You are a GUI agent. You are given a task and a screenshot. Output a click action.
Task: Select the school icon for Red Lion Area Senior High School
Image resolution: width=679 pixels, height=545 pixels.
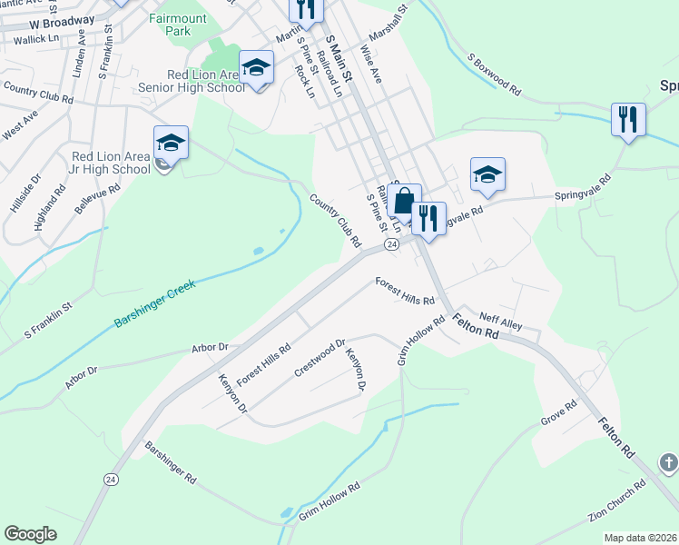coord(257,67)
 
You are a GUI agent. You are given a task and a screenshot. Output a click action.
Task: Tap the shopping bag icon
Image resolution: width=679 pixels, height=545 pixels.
coord(404,200)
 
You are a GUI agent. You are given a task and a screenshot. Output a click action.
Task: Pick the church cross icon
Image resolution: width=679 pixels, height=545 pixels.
coord(668,464)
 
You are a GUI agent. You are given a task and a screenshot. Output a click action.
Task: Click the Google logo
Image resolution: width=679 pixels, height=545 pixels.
coord(30,534)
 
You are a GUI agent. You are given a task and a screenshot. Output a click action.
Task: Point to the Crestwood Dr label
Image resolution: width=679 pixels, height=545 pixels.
coord(320,359)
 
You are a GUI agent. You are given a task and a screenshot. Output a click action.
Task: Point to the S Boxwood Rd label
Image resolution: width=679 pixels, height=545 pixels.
coord(494,74)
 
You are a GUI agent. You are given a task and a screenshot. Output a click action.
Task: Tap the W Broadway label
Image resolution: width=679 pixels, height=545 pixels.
coord(62,20)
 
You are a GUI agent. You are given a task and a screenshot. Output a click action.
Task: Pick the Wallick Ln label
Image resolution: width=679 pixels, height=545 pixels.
coord(35,39)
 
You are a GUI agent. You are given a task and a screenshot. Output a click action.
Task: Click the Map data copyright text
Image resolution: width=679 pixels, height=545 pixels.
coord(639,538)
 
